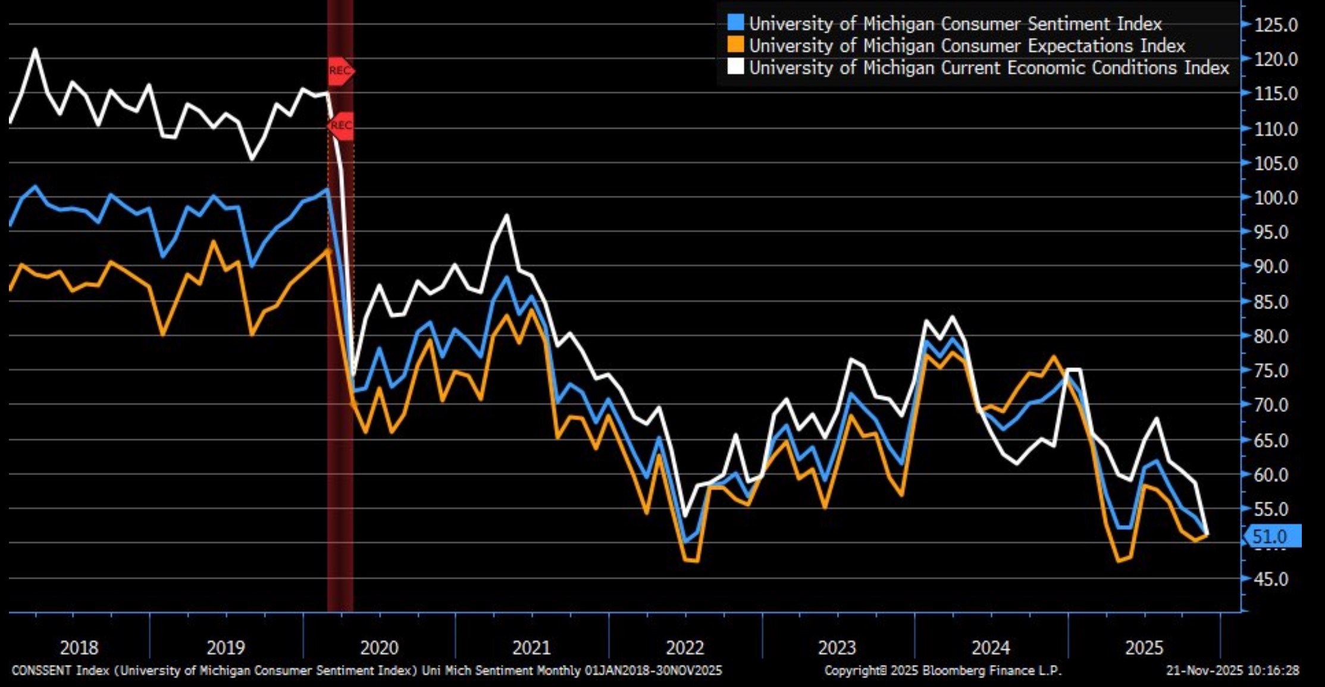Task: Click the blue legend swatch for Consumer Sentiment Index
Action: [736, 23]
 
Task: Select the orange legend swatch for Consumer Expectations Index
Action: [736, 45]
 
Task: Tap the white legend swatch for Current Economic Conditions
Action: [736, 67]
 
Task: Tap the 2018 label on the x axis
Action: [79, 647]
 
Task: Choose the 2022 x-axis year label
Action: [685, 647]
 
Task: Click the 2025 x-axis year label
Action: [1144, 647]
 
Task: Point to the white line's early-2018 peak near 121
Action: [35, 49]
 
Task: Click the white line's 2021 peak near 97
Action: [506, 216]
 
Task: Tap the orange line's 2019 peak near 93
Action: [214, 242]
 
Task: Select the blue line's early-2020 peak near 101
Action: [327, 190]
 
